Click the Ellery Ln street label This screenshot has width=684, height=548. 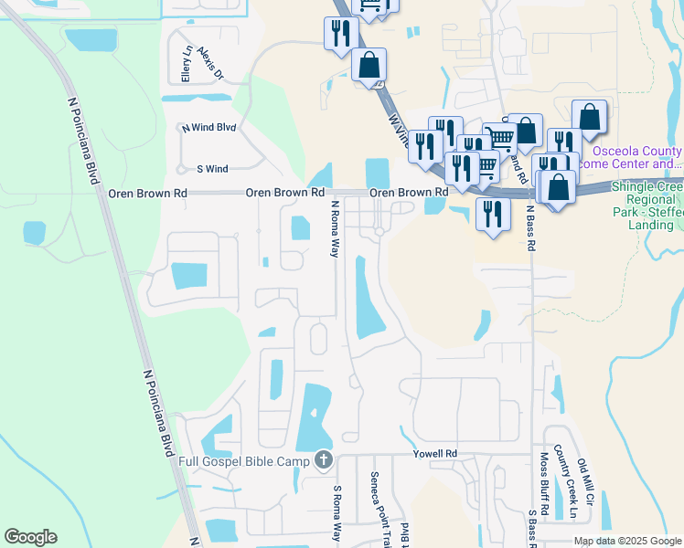click(x=187, y=64)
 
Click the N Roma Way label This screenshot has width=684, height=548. click(x=335, y=228)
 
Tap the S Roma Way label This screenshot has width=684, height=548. click(x=337, y=513)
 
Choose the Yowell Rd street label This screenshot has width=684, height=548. click(x=433, y=453)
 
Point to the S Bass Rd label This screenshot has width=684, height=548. click(x=531, y=527)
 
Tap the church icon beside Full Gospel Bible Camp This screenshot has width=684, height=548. click(x=324, y=461)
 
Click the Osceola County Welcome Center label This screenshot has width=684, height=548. click(x=637, y=157)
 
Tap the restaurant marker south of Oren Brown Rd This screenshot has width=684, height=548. click(x=493, y=215)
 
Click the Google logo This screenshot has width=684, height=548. click(x=30, y=537)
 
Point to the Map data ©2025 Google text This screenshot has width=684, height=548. click(x=626, y=541)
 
